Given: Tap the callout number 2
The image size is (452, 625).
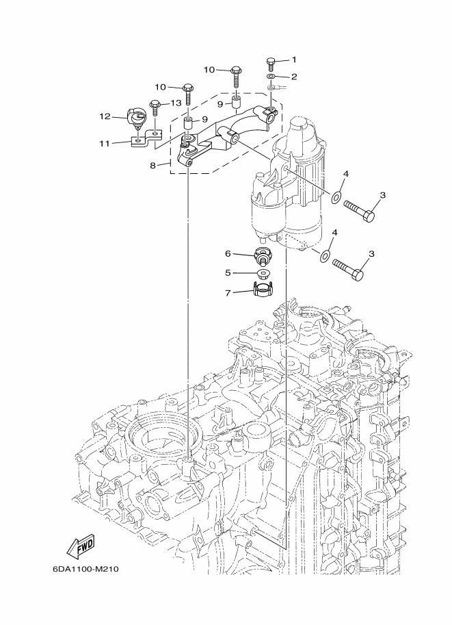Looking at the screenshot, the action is pyautogui.click(x=294, y=77).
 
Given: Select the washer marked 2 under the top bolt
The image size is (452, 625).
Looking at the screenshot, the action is pyautogui.click(x=271, y=77).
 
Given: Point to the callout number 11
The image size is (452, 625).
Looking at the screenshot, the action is pyautogui.click(x=105, y=143).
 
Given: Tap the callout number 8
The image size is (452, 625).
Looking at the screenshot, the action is pyautogui.click(x=153, y=165).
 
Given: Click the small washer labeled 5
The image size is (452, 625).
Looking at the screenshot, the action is pyautogui.click(x=262, y=273).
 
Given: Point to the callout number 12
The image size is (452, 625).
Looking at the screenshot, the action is pyautogui.click(x=105, y=116).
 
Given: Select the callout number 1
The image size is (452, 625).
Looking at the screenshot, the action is pyautogui.click(x=294, y=60).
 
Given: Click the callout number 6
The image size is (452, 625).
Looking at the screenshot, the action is pyautogui.click(x=228, y=253).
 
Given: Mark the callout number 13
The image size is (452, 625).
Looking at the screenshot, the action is pyautogui.click(x=176, y=103).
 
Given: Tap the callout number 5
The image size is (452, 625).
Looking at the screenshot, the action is pyautogui.click(x=228, y=273).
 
